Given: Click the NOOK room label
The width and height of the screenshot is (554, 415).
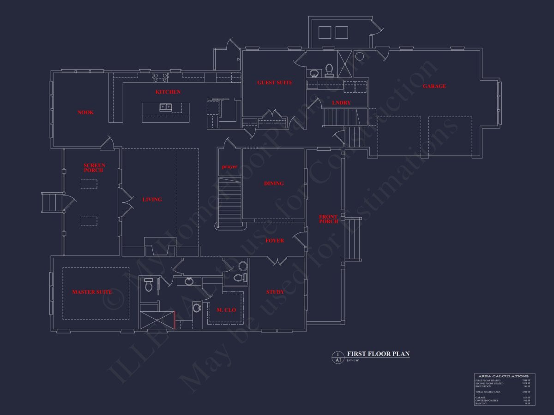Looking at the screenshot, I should (85, 113).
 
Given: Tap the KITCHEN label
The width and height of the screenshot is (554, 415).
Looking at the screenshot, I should (168, 92).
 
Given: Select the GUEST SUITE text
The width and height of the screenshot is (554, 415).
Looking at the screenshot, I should (275, 83).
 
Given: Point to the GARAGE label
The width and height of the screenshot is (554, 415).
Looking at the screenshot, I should (434, 86).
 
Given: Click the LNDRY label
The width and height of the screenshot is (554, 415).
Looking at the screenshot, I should (341, 103).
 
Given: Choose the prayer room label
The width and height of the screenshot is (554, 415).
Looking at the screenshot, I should (229, 166).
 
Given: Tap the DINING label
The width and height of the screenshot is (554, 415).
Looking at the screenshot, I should (274, 184).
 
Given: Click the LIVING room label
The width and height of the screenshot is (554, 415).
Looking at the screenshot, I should (152, 200).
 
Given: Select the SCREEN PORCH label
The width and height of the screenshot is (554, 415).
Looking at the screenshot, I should (94, 168).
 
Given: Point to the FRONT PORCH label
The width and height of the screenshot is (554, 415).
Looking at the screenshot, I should (328, 219).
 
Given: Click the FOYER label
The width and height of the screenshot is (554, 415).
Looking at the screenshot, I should (275, 241).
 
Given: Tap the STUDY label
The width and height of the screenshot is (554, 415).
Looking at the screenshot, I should (275, 292).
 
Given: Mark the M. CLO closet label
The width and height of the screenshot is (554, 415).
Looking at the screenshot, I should (226, 310).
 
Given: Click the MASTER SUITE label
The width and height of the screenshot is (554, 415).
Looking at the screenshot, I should (92, 292).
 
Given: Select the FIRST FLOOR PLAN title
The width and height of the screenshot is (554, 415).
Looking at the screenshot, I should (378, 354).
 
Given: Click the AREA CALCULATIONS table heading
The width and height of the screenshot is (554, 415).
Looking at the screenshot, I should (504, 376).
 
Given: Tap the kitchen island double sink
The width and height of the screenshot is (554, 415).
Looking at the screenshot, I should (166, 107).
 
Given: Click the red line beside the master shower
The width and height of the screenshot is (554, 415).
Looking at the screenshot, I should (175, 320).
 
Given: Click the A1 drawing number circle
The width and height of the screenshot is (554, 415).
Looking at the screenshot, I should (338, 357).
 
